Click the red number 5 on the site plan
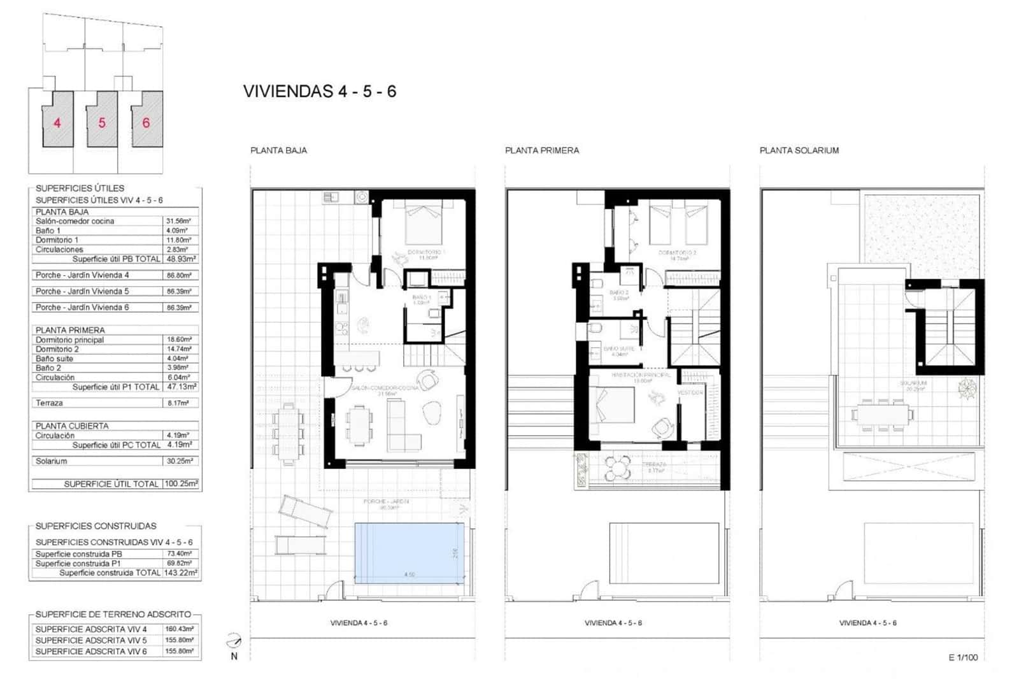(102, 123)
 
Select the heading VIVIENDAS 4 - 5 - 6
(320, 91)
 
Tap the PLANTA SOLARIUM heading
(799, 150)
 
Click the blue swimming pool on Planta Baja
(409, 553)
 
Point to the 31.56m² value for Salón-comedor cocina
(178, 221)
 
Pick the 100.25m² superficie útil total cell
(181, 483)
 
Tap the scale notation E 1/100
(963, 657)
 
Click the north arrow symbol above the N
(234, 641)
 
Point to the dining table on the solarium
(882, 415)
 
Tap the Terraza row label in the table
(49, 403)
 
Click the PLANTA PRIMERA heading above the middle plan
(542, 150)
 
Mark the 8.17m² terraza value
(178, 403)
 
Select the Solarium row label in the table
(51, 461)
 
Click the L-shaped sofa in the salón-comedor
(403, 428)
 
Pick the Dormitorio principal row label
(69, 339)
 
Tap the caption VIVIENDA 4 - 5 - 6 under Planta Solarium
(867, 622)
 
